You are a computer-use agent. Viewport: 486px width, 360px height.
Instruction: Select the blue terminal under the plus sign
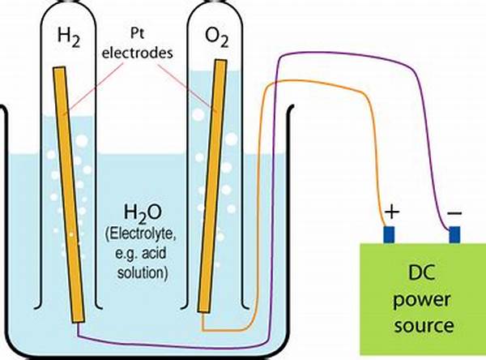coord(389,235)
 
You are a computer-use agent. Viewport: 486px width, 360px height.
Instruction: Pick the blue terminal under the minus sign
coord(454,235)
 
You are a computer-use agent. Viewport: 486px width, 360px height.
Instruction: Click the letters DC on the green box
coord(417,270)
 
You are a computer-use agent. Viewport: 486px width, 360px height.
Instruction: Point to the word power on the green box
coord(417,298)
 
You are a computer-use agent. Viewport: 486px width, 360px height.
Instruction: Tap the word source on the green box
coord(417,325)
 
